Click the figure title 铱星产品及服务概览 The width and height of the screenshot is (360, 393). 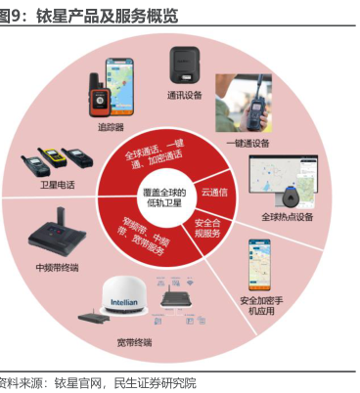[x=107, y=16]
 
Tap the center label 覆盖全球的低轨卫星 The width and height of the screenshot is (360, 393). [x=164, y=197]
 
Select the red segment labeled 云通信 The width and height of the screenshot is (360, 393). [x=213, y=192]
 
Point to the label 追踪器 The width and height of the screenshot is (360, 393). [x=112, y=127]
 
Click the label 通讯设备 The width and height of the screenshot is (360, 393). [x=185, y=95]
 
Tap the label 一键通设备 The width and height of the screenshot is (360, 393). [x=247, y=143]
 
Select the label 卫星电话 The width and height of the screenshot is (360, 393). [x=58, y=185]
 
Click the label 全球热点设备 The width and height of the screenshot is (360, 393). [x=288, y=217]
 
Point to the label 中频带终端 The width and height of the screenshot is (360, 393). [x=57, y=268]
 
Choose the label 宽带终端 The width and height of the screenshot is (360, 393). [x=134, y=342]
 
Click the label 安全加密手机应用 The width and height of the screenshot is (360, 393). [x=261, y=306]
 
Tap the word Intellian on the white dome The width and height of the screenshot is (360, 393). [x=124, y=302]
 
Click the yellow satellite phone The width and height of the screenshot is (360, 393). [x=52, y=157]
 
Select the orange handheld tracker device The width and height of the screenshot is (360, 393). [x=99, y=95]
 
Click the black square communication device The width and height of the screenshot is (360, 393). [x=185, y=65]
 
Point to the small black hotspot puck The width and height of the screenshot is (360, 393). [x=291, y=196]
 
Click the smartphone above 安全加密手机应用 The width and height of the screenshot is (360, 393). [x=259, y=265]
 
